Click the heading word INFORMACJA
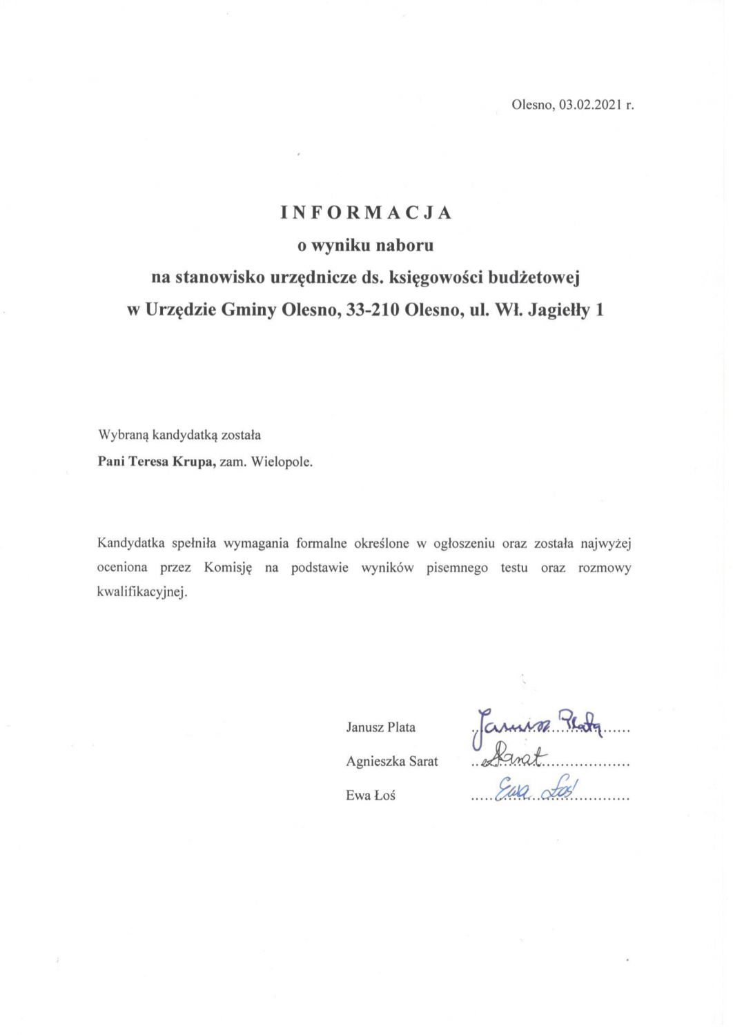tap(366, 213)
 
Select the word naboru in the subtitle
tap(405, 245)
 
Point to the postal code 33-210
tap(373, 311)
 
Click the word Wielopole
tap(282, 462)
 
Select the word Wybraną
tap(123, 436)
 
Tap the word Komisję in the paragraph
tap(229, 569)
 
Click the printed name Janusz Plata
tap(381, 727)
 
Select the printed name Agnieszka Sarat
tap(392, 762)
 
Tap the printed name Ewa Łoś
tap(371, 796)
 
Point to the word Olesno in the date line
tap(532, 106)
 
